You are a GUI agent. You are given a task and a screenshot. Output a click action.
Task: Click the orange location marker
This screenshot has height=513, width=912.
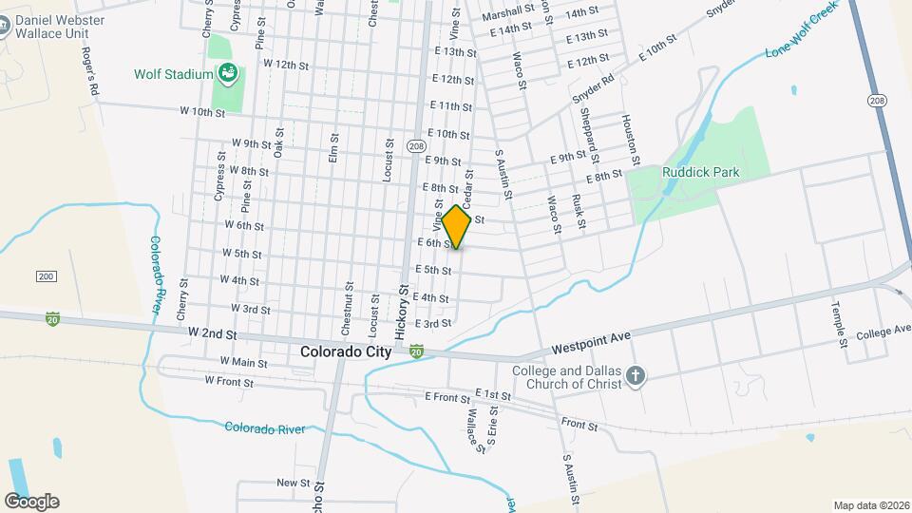pyautogui.click(x=457, y=227)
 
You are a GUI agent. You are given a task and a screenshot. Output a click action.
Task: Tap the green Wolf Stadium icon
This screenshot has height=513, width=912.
pyautogui.click(x=228, y=71)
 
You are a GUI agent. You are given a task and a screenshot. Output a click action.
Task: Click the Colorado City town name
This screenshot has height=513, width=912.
pyautogui.click(x=345, y=351)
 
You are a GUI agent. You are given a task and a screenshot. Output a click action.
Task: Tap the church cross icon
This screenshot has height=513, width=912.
pyautogui.click(x=636, y=377)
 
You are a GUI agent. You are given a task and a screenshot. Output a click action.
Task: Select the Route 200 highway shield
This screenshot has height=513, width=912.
pyautogui.click(x=46, y=275)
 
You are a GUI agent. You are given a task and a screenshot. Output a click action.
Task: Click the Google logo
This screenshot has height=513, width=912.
pyautogui.click(x=31, y=502)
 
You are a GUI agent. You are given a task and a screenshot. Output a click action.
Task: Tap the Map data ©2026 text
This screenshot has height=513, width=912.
pyautogui.click(x=870, y=505)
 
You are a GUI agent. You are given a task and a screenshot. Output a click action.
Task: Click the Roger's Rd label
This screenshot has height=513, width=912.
pyautogui.click(x=90, y=71)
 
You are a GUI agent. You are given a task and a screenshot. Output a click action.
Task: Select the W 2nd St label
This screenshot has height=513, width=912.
pyautogui.click(x=212, y=335)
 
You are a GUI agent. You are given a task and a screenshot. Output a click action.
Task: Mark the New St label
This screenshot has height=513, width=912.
pyautogui.click(x=288, y=483)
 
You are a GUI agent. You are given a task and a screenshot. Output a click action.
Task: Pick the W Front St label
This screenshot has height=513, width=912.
pyautogui.click(x=229, y=382)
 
